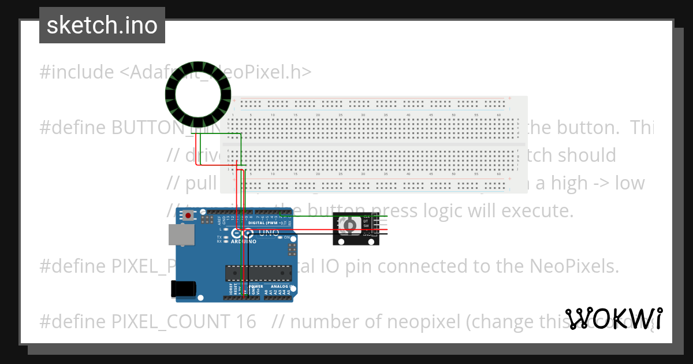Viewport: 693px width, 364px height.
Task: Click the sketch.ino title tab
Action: pos(102,25)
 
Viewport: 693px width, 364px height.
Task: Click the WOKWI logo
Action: pos(614,318)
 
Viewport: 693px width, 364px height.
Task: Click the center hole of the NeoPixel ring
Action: pos(198,94)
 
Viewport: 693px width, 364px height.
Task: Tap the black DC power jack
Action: pos(182,289)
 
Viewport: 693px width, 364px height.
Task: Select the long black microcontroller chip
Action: pos(258,272)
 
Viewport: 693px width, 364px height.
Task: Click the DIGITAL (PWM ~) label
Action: pos(264,222)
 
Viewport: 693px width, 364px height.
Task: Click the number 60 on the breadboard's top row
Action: pos(499,116)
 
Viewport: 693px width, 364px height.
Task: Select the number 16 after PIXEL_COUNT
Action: pos(245,321)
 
